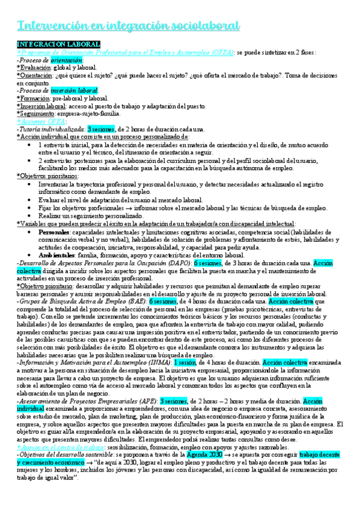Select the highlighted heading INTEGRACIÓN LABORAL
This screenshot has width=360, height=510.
(58, 45)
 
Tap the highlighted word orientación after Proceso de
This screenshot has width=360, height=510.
(67, 61)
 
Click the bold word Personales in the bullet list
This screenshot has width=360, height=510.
(53, 232)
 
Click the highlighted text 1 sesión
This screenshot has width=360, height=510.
(188, 363)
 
